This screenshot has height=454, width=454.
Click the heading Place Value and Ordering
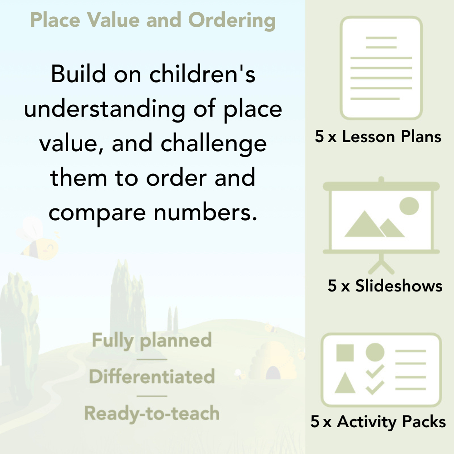pyautogui.click(x=153, y=20)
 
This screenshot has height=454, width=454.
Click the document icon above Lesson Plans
pyautogui.click(x=381, y=68)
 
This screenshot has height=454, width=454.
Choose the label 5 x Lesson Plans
pyautogui.click(x=378, y=137)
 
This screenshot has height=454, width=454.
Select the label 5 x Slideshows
pyautogui.click(x=385, y=286)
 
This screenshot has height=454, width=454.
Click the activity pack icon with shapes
pyautogui.click(x=381, y=370)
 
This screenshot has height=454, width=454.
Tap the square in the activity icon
pyautogui.click(x=345, y=352)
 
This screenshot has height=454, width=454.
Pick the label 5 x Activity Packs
pyautogui.click(x=378, y=422)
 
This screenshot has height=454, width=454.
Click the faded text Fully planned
pyautogui.click(x=152, y=340)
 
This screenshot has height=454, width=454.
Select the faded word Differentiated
pyautogui.click(x=152, y=377)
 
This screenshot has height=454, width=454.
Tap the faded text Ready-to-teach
pyautogui.click(x=152, y=413)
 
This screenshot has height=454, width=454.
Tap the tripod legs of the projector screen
pyautogui.click(x=381, y=263)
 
